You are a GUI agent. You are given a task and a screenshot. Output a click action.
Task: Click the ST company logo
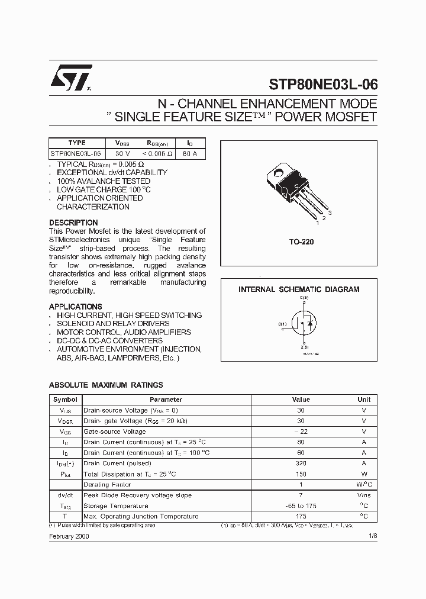70,78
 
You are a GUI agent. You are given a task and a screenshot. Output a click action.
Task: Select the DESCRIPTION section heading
73,223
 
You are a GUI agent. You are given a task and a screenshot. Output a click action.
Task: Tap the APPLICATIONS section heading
75,307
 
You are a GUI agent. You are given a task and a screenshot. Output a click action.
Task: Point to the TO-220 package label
301,242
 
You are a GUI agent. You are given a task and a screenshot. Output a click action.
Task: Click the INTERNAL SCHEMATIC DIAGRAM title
299,289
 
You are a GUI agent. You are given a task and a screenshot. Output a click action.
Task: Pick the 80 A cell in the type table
190,153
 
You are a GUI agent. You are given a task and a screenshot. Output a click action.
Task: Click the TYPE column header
77,143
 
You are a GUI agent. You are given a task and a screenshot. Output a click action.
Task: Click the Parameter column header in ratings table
166,400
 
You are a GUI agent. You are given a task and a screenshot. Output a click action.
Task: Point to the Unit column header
364,400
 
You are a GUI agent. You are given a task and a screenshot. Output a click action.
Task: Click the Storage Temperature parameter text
115,506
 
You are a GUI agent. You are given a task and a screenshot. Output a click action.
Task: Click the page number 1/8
372,536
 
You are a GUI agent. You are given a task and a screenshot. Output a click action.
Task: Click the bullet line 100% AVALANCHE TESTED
104,181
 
